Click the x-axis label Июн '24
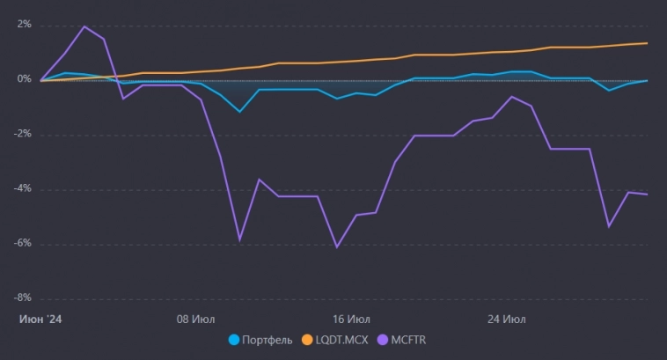[x=40, y=318]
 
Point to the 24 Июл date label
[x=506, y=318]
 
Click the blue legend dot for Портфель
[x=234, y=339]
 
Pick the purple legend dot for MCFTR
[x=382, y=339]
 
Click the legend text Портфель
[x=268, y=339]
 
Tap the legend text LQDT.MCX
[x=341, y=339]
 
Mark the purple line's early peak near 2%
[x=84, y=26]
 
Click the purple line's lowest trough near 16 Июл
[x=337, y=246]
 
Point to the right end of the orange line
[x=648, y=43]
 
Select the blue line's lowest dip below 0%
[x=239, y=112]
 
